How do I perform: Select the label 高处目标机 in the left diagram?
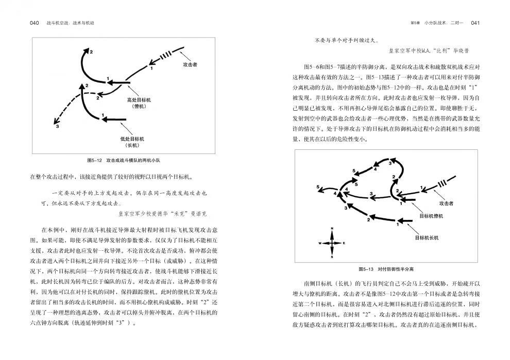coord(139,99)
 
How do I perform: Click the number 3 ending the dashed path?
coord(57,127)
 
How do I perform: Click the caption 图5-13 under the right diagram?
coord(366,269)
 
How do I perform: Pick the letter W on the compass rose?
coord(320,243)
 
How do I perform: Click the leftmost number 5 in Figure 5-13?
coord(318,186)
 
